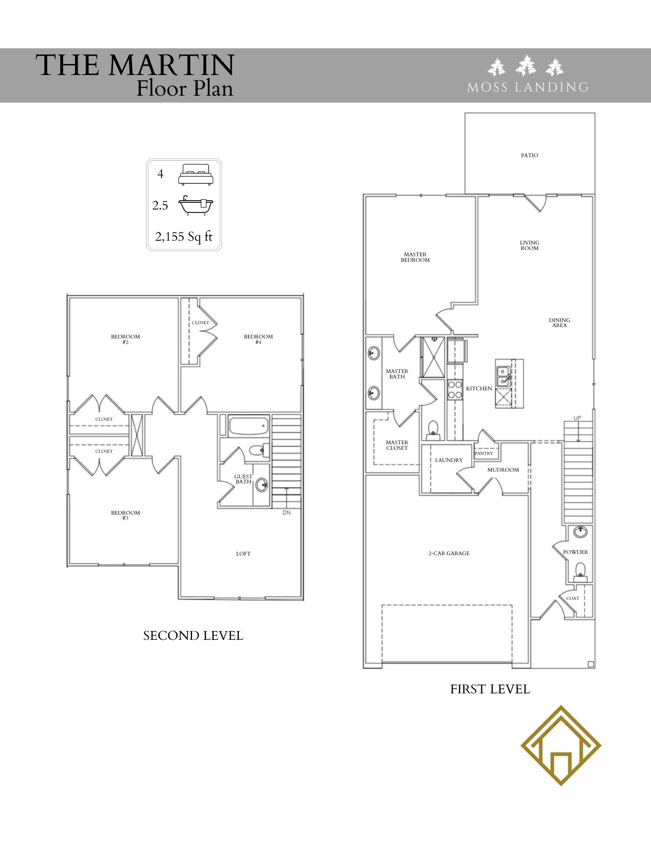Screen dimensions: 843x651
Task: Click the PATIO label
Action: [529, 156]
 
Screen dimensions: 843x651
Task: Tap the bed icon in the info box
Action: [196, 174]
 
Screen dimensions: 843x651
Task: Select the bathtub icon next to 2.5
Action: [196, 206]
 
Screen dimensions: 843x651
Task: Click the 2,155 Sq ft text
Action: [184, 236]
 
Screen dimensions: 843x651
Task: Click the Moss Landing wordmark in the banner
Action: [528, 87]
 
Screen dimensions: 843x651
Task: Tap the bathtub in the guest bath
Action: [249, 426]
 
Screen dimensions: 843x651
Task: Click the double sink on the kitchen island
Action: [503, 376]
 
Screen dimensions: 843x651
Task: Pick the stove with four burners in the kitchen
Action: [455, 389]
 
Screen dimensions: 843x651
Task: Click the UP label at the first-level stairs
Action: [577, 418]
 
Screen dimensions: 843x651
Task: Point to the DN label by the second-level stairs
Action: [287, 513]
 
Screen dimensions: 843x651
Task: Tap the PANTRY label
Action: [484, 453]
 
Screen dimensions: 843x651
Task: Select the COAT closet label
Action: [573, 598]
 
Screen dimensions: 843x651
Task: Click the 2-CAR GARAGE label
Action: [449, 553]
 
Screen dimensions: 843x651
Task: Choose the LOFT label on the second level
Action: [243, 554]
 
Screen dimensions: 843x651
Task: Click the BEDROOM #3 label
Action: [125, 515]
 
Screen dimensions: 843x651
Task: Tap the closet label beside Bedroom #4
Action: [200, 322]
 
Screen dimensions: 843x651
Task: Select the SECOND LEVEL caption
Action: [193, 636]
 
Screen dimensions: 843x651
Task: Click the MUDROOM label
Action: [503, 470]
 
